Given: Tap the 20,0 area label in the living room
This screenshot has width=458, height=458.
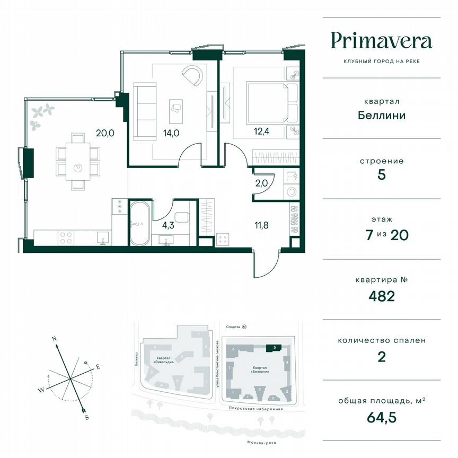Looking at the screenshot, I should [104, 134].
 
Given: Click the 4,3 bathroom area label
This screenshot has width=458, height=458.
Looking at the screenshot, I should [168, 225].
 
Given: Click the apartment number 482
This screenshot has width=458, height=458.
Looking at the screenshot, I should [381, 296].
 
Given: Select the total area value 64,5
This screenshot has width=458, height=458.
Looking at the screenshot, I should [381, 417].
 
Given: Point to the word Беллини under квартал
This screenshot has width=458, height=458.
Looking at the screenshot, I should [381, 115].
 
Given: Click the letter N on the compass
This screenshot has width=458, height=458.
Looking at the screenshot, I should [54, 337].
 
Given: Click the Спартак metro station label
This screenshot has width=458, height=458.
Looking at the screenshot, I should [230, 328].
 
